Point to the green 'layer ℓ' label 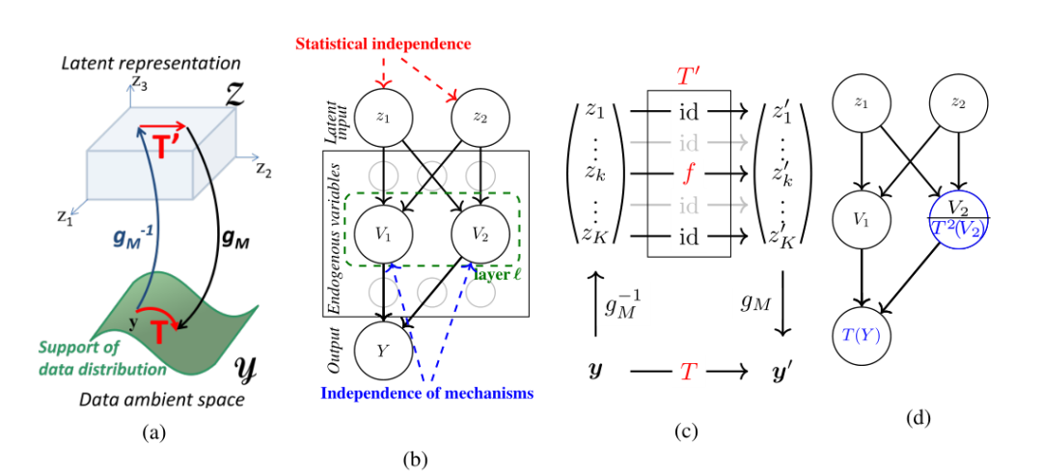tap(497, 274)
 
